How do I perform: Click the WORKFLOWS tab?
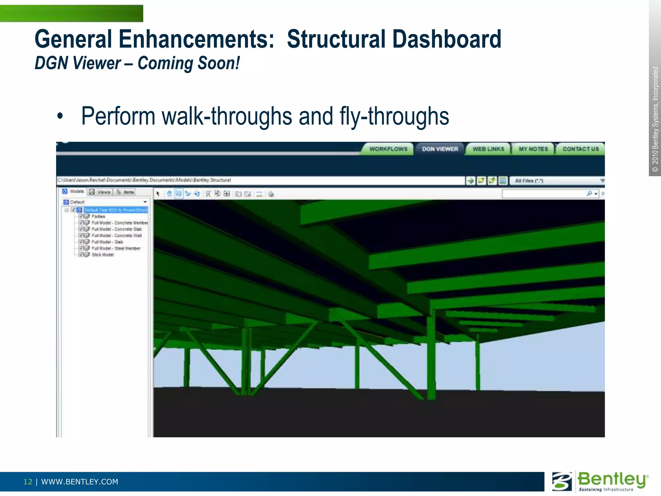point(388,149)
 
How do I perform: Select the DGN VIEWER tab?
point(440,149)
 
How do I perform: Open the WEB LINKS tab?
point(488,149)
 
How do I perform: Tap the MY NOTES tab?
point(533,149)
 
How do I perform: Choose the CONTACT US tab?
point(580,149)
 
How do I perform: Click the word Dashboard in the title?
point(447,39)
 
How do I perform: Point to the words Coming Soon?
point(189,63)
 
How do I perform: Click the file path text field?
point(258,180)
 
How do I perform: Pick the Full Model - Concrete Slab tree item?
point(117,229)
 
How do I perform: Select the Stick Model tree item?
point(103,255)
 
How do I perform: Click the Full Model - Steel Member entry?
point(116,248)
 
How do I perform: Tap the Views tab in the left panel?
point(101,192)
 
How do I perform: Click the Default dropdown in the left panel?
point(105,202)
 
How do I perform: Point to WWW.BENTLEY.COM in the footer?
point(80,482)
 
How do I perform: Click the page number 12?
point(28,482)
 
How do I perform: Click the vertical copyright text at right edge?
point(655,119)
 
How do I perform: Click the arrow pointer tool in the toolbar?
point(158,194)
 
